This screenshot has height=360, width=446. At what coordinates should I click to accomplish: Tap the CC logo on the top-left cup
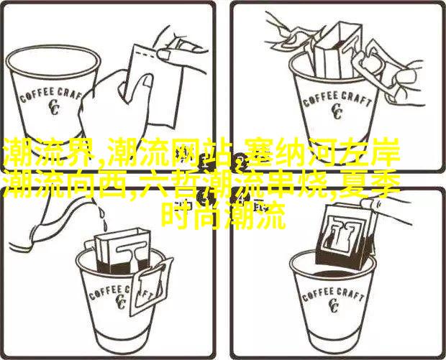[53, 108]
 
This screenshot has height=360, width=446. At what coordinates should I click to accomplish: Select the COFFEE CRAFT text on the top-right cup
[337, 101]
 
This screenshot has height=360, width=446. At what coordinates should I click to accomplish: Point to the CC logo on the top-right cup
[337, 111]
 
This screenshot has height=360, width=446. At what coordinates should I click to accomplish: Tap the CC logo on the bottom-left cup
[121, 302]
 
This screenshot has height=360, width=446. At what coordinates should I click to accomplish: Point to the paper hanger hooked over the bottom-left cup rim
[153, 284]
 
